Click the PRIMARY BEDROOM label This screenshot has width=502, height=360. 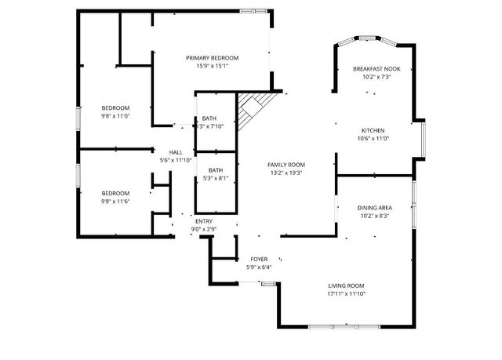[212, 58]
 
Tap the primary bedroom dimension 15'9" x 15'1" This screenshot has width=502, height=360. [212, 67]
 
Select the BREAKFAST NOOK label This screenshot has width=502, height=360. [376, 69]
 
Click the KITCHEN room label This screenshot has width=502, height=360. [373, 130]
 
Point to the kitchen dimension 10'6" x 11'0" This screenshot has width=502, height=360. [373, 139]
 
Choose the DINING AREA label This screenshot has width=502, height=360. [376, 208]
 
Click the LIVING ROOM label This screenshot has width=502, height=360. [345, 285]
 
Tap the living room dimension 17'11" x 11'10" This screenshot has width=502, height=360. [345, 294]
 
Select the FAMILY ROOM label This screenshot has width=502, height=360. [286, 165]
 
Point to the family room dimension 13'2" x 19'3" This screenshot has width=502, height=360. [286, 173]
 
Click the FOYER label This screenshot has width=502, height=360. [259, 259]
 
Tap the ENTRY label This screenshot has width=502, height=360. [204, 221]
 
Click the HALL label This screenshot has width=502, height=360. [176, 152]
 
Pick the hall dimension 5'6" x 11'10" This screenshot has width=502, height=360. [176, 161]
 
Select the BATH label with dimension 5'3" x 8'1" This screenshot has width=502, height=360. [216, 170]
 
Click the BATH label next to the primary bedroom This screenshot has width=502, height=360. [209, 118]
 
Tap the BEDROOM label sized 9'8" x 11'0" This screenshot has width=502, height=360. [115, 107]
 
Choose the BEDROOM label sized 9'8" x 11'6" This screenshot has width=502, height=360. [115, 193]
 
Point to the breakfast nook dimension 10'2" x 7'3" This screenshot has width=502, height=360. [376, 78]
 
